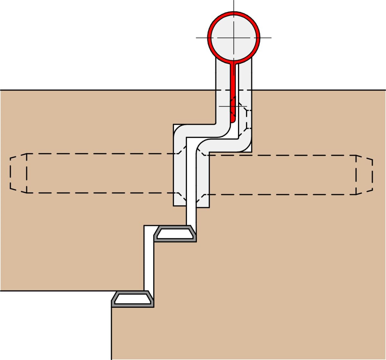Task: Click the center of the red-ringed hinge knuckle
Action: point(234,37)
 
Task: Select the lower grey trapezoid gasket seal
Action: point(133,299)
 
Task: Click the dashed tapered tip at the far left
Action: point(18,173)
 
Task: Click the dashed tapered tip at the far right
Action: point(364,175)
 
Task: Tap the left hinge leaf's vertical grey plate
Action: point(179,174)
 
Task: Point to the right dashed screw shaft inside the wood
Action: point(280,175)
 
